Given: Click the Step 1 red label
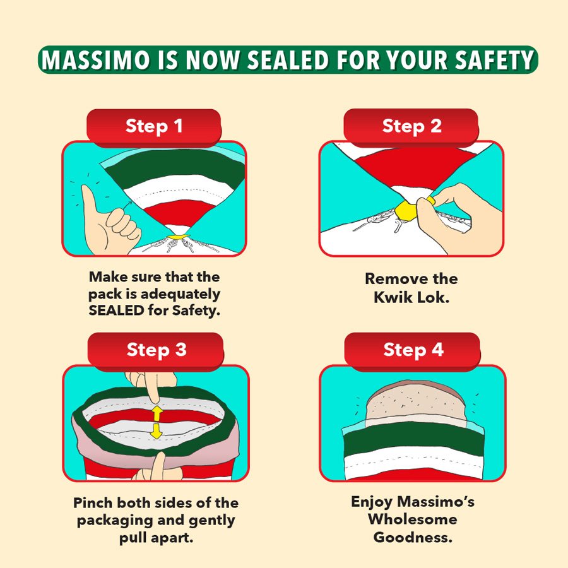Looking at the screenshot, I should (154, 126).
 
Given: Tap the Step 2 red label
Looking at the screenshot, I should (411, 126).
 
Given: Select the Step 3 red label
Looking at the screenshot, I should (157, 350).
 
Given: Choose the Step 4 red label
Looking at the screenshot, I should (413, 350).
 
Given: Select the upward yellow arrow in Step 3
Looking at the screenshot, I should (157, 414).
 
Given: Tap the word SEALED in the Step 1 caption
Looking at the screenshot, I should (116, 311).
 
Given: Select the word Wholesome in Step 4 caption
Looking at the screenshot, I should (413, 520).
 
